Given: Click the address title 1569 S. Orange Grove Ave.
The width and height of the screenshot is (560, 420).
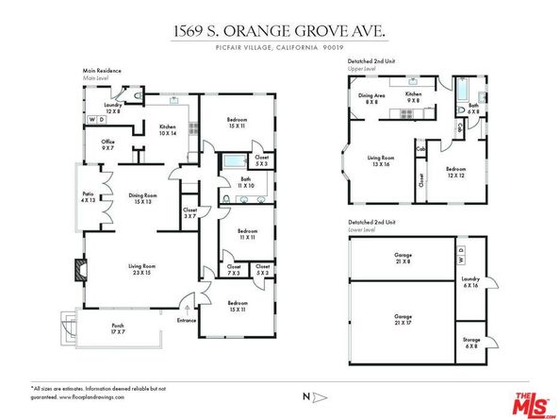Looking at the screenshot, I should (x=279, y=31).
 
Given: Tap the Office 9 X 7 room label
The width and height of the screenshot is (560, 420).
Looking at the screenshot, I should (x=108, y=144).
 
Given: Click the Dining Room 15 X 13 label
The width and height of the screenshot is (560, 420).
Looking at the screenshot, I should (x=141, y=198).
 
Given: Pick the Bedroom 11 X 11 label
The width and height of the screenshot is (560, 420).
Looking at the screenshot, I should (x=249, y=234).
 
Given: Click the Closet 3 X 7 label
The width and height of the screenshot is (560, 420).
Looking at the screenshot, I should (x=190, y=213).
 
